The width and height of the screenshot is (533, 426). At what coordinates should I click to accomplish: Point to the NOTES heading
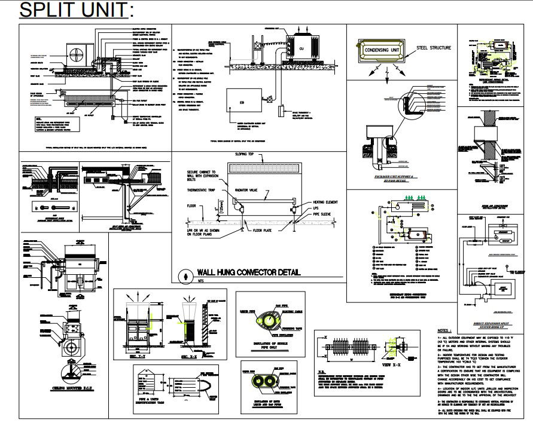pyautogui.click(x=445, y=330)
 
